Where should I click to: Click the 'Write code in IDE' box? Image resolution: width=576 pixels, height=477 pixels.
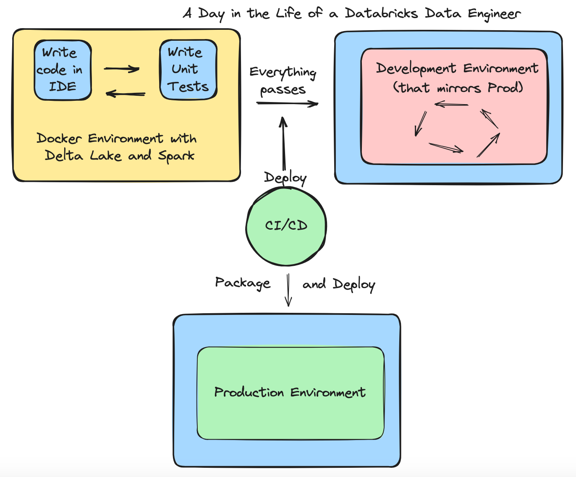(63, 70)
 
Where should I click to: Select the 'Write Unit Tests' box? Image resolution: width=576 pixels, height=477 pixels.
(188, 70)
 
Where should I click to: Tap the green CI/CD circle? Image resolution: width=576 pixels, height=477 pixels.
(286, 226)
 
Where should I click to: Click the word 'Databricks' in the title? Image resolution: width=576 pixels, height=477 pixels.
(381, 13)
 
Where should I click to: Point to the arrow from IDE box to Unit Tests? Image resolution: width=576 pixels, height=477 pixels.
(122, 69)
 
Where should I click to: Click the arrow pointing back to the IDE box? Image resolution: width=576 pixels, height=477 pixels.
(126, 94)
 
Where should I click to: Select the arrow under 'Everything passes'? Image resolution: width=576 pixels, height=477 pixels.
(288, 103)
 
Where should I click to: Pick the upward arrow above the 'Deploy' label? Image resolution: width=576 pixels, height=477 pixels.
(283, 143)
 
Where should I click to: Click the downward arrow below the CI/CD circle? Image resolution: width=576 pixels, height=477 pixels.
(288, 290)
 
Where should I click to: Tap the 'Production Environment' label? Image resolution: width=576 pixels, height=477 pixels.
(290, 392)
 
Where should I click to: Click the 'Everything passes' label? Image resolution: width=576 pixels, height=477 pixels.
(283, 81)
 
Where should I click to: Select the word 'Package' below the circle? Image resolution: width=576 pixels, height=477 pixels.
(243, 283)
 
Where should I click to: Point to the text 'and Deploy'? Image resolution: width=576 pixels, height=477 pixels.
(338, 284)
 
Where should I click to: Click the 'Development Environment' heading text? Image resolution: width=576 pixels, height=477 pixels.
(457, 68)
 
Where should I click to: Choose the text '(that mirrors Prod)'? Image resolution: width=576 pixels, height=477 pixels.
(458, 88)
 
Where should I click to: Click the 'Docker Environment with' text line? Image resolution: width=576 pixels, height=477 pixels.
(116, 138)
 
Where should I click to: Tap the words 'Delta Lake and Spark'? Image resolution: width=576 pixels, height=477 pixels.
(120, 156)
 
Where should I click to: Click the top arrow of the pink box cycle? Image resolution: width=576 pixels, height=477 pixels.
(451, 104)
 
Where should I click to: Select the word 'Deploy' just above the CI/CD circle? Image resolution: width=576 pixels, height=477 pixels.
(285, 178)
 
